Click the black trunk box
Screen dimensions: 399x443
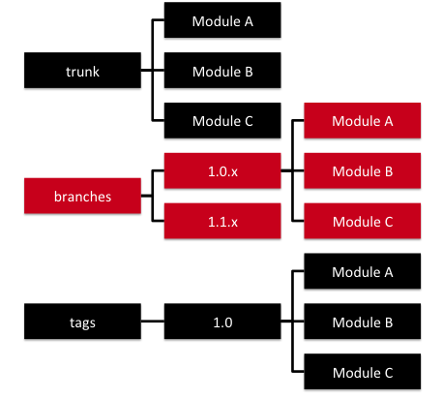[x=82, y=71]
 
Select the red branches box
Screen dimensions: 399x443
[x=82, y=196]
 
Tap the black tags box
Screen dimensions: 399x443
[x=82, y=320]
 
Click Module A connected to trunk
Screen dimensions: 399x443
[x=222, y=20]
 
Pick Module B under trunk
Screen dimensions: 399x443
[x=222, y=71]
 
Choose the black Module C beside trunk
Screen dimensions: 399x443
[x=222, y=121]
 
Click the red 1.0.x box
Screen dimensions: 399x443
[x=222, y=170]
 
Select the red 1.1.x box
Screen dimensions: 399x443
[x=222, y=221]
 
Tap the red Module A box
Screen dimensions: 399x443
[x=363, y=121]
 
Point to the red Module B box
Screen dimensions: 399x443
[x=363, y=170]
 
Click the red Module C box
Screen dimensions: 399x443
[x=363, y=221]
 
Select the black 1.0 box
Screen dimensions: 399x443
[x=222, y=320]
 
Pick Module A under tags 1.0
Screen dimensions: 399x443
[x=363, y=271]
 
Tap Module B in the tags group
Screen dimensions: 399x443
[x=363, y=320]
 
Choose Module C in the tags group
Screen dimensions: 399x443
[x=363, y=370]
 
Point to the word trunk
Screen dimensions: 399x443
[x=82, y=71]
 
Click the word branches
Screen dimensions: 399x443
[x=82, y=196]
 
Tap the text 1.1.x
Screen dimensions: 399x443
[x=222, y=221]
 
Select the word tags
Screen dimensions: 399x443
[x=82, y=320]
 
